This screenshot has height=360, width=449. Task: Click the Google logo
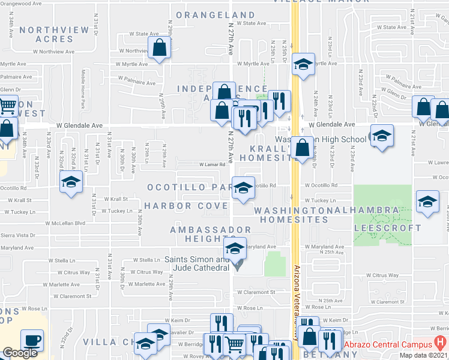pyautogui.click(x=20, y=353)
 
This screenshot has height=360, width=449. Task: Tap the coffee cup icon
pyautogui.click(x=32, y=340)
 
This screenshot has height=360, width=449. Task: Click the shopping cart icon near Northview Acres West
pyautogui.click(x=7, y=106)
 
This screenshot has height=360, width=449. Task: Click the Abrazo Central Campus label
pyautogui.click(x=388, y=344)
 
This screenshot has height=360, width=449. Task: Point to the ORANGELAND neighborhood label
pyautogui.click(x=215, y=15)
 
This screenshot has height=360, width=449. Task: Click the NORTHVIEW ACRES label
pyautogui.click(x=46, y=34)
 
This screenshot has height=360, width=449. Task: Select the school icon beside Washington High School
pyautogui.click(x=381, y=136)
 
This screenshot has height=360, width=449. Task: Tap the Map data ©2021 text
pyautogui.click(x=423, y=355)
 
